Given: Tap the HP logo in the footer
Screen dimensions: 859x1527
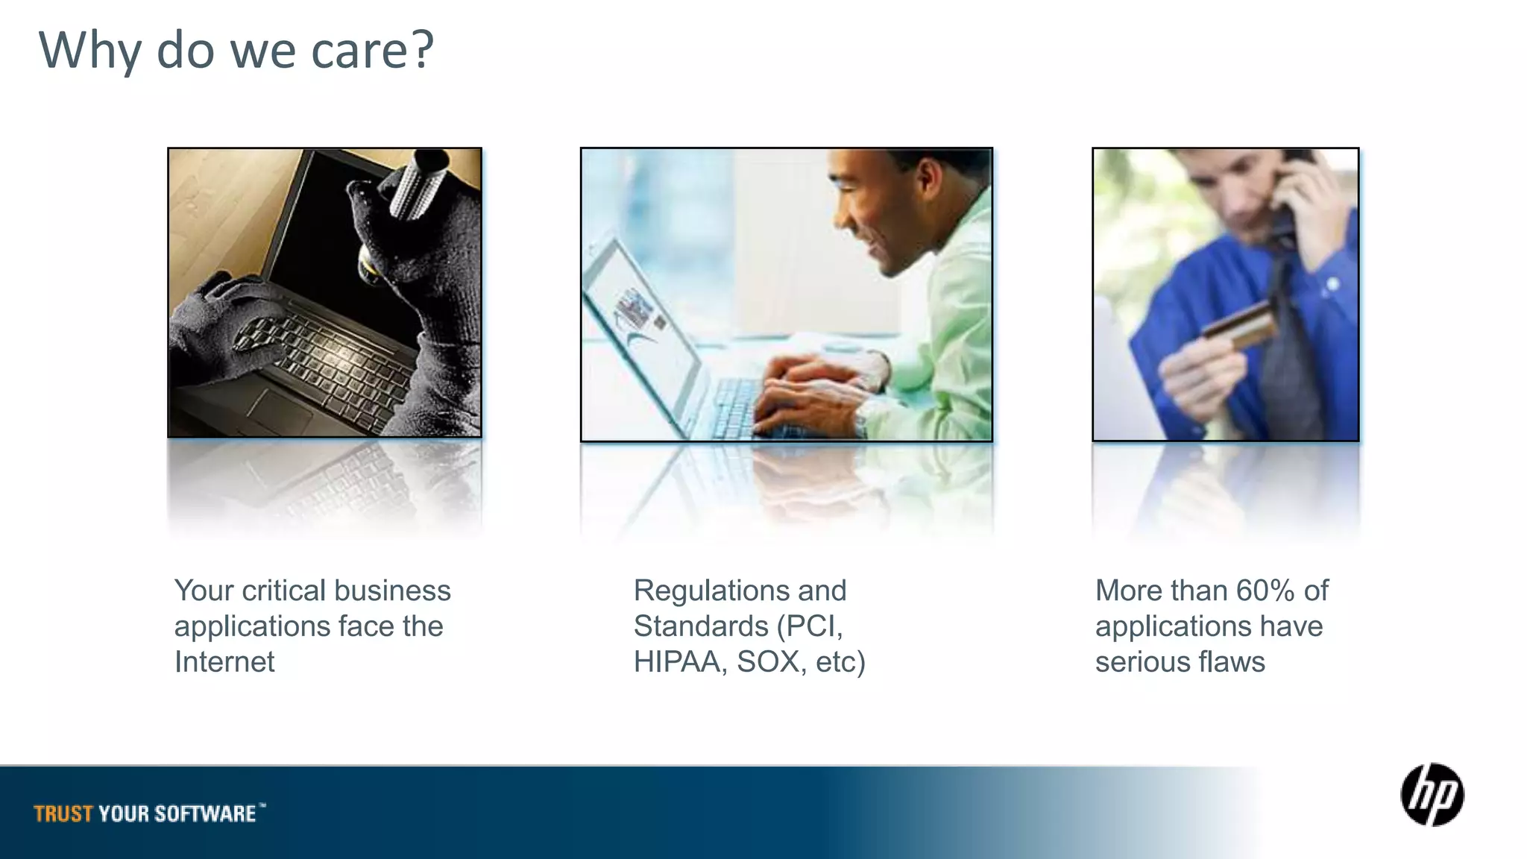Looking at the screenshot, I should tap(1432, 795).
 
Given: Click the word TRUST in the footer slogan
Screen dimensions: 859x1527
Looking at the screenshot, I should tap(63, 814).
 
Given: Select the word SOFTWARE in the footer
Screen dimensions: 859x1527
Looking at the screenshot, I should tap(206, 814).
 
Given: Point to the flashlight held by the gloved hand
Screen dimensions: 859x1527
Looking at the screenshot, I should tap(414, 186).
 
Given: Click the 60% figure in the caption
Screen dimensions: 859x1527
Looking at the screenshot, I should tap(1265, 591).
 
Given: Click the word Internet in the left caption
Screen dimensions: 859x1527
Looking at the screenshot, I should tap(224, 662).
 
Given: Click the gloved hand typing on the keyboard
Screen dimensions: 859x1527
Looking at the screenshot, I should tap(224, 313).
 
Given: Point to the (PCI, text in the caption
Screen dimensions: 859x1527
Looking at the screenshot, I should tap(810, 626).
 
